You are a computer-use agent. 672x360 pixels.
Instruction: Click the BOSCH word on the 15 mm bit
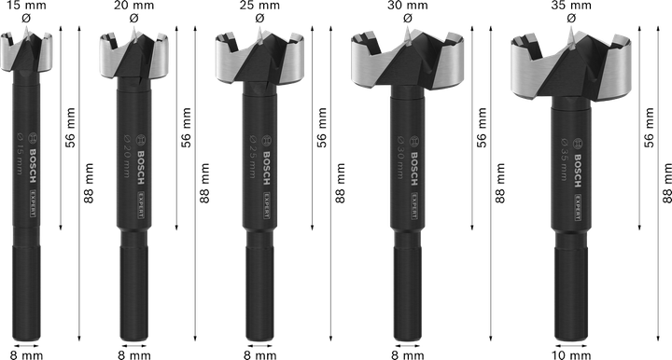click(x=31, y=150)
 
